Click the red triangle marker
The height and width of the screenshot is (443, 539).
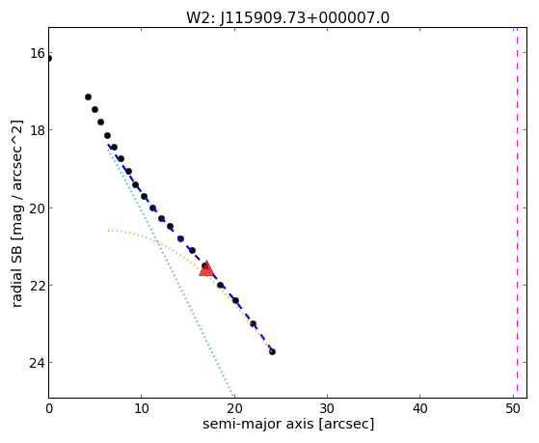click(206, 269)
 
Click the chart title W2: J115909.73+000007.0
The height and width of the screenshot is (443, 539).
click(287, 18)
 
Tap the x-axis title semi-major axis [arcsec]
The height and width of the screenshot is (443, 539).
click(288, 424)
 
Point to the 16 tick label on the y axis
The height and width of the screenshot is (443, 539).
click(37, 53)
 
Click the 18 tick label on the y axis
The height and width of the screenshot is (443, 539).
click(37, 130)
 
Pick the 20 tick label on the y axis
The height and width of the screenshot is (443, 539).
click(37, 208)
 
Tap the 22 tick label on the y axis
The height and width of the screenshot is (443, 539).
click(37, 286)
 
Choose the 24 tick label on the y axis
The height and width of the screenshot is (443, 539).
click(37, 363)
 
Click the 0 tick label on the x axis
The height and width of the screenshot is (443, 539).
click(49, 408)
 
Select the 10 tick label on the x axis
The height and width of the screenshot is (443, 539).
click(142, 408)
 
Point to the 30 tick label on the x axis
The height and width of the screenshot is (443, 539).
click(327, 408)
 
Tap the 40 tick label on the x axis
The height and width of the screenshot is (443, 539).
click(419, 408)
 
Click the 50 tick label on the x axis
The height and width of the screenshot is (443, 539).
click(513, 408)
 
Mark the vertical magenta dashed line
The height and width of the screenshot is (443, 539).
click(517, 212)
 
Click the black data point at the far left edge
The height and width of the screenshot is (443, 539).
click(49, 59)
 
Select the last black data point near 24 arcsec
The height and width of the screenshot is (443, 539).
click(272, 351)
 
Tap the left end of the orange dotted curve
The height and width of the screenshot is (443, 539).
click(108, 230)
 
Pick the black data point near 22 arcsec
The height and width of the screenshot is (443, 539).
click(253, 324)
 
